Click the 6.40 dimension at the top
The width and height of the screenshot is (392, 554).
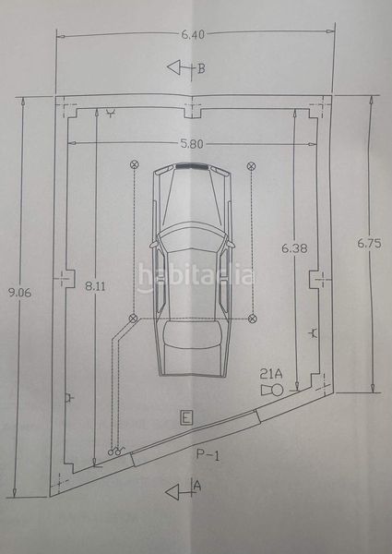click(193, 34)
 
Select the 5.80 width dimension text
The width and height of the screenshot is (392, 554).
click(192, 143)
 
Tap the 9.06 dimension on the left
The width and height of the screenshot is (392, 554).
click(19, 293)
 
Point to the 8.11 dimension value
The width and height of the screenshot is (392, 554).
click(95, 286)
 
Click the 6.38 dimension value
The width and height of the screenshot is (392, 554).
click(294, 248)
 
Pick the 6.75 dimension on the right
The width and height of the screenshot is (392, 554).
click(369, 244)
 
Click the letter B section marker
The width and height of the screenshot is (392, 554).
click(201, 68)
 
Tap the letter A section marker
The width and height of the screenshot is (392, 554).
click(197, 487)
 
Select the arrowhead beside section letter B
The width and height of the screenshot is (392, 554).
click(173, 67)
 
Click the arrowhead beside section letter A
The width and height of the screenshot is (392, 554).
click(172, 492)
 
